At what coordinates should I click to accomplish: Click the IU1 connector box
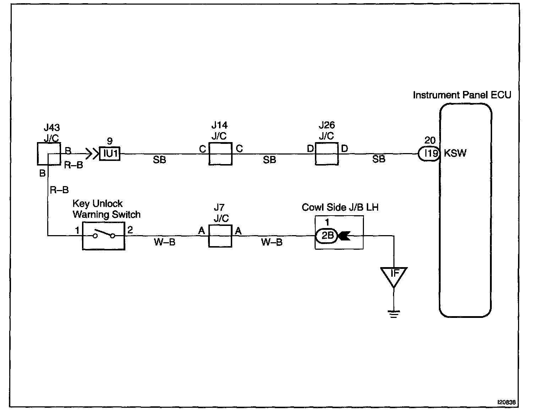click(x=110, y=154)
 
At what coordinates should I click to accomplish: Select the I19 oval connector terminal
click(x=429, y=153)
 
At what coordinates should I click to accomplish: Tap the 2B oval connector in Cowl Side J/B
click(x=327, y=235)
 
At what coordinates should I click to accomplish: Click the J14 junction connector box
click(x=220, y=154)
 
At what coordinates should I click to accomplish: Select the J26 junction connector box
click(x=327, y=154)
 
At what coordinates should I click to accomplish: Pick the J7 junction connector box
click(x=220, y=236)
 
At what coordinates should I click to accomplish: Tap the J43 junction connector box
click(x=49, y=154)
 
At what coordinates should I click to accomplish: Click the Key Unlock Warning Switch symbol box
click(x=104, y=236)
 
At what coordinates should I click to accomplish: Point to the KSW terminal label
click(x=455, y=153)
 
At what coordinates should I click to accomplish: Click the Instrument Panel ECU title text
click(x=462, y=95)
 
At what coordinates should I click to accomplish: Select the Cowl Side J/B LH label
click(x=340, y=207)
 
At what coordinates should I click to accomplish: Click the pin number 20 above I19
click(x=430, y=140)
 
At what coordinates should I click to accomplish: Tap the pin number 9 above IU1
click(x=110, y=141)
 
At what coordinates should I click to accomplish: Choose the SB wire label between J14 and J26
click(x=269, y=160)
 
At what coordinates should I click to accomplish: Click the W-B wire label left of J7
click(x=165, y=242)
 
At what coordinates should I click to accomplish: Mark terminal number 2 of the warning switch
click(x=130, y=230)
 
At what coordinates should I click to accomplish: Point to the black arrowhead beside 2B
click(x=344, y=235)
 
